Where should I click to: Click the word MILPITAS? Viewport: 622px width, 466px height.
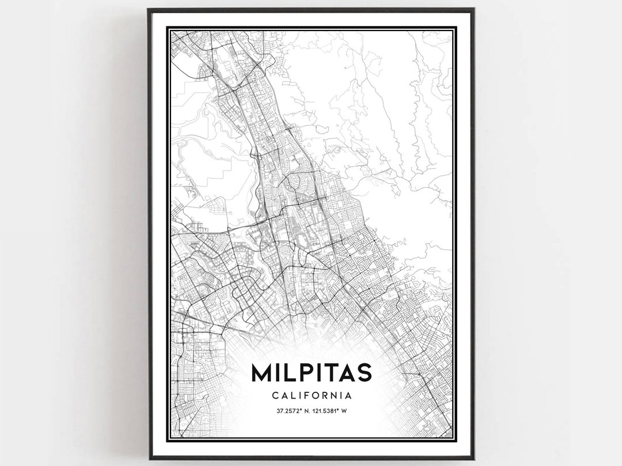coord(310,372)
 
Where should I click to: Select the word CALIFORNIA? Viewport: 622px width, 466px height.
coord(311,396)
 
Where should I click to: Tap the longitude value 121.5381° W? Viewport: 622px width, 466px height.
coord(330,411)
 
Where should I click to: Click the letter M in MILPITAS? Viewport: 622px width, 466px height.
coord(263,372)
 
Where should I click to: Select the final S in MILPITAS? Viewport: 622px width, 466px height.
coord(362,372)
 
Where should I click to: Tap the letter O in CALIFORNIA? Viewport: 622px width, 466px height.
coord(317,396)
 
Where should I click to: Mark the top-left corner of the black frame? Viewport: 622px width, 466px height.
coord(149,10)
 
